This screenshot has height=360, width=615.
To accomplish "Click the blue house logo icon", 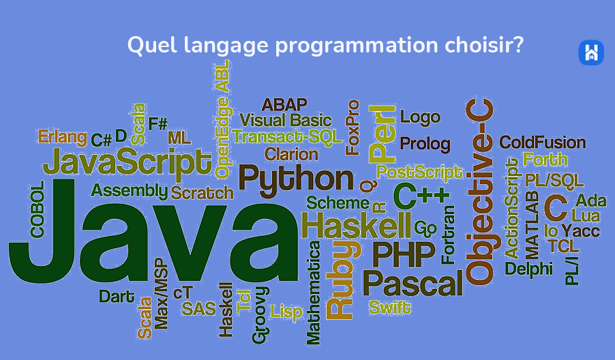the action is click(x=591, y=52).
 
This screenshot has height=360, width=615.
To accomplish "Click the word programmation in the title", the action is click(x=356, y=46).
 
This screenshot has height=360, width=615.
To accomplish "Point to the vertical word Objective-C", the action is click(x=480, y=192).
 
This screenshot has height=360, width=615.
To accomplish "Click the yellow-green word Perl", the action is click(x=382, y=134).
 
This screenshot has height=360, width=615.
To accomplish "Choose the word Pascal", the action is click(x=413, y=283).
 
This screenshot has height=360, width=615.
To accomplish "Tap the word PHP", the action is click(x=404, y=254).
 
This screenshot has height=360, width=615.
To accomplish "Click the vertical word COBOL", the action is click(x=37, y=209).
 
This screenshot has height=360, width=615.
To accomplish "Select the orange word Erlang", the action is click(x=62, y=137).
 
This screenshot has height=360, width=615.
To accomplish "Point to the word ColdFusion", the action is click(x=543, y=142).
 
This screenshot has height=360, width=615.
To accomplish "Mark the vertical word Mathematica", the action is click(x=314, y=293).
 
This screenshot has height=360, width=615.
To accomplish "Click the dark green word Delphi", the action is click(x=528, y=269).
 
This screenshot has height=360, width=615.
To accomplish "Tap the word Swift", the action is click(x=389, y=307).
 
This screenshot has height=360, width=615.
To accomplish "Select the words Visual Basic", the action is click(x=286, y=120).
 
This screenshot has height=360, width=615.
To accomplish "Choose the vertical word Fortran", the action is click(x=448, y=235).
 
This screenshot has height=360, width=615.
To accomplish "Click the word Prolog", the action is click(x=425, y=144).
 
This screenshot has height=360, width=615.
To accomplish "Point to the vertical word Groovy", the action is click(x=260, y=315).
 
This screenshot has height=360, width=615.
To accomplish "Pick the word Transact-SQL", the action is click(x=287, y=137).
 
